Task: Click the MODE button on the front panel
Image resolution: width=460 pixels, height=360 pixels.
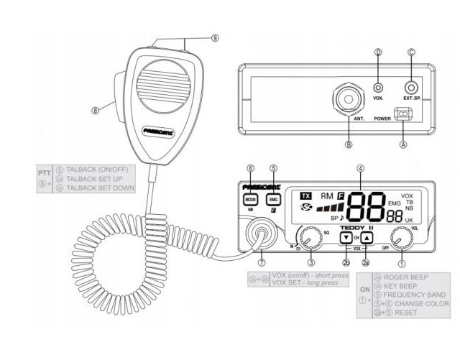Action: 251,199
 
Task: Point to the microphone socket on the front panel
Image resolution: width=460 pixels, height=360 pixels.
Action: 258,234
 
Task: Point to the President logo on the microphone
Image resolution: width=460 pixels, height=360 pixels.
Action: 160,131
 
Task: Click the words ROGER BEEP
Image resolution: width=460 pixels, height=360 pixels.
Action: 407,277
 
